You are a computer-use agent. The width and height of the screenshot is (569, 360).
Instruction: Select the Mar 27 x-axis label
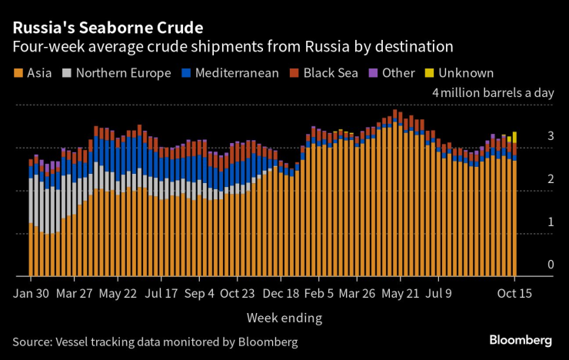click(75, 294)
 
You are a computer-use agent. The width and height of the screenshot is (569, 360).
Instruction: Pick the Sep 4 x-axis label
click(201, 294)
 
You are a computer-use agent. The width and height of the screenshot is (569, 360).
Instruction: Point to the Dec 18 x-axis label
click(281, 294)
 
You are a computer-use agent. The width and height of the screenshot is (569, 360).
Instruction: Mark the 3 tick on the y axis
click(551, 136)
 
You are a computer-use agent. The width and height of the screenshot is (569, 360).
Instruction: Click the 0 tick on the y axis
click(551, 265)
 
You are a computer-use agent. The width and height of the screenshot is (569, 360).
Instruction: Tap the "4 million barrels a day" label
click(493, 93)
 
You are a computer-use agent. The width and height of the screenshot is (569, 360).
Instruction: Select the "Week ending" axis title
click(284, 318)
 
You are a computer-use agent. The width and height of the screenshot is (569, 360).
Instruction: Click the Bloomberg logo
click(521, 340)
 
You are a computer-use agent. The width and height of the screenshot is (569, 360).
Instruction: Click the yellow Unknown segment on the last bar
click(514, 136)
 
